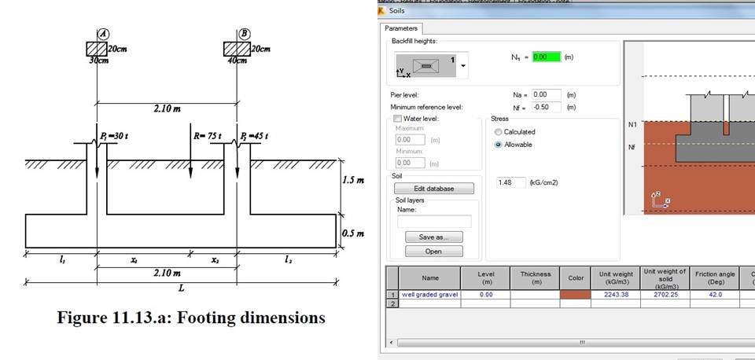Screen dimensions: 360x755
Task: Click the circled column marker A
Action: click(x=104, y=34)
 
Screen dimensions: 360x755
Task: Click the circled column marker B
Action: click(x=245, y=34)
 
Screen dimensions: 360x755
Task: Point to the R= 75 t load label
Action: click(x=208, y=136)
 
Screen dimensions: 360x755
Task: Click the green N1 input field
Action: click(x=545, y=57)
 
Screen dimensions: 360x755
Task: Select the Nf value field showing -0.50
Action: click(x=545, y=107)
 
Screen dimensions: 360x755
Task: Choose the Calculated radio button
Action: click(x=498, y=132)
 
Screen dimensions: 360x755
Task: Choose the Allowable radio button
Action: click(x=498, y=145)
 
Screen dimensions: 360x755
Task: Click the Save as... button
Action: click(x=434, y=237)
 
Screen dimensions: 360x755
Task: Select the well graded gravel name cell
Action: click(x=429, y=294)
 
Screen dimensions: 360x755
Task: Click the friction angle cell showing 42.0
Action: click(x=713, y=294)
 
